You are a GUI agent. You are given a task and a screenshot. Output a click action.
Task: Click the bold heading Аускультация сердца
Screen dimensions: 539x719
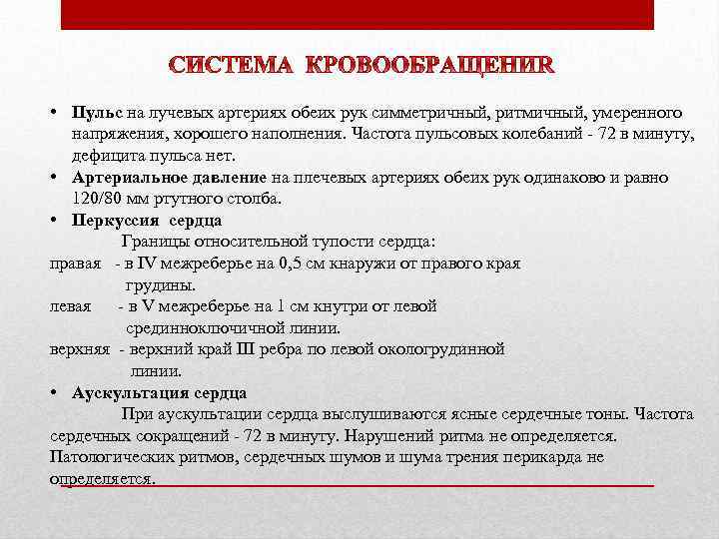coord(160,392)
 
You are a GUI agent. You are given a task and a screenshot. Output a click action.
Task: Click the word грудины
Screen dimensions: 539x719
coord(161,284)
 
